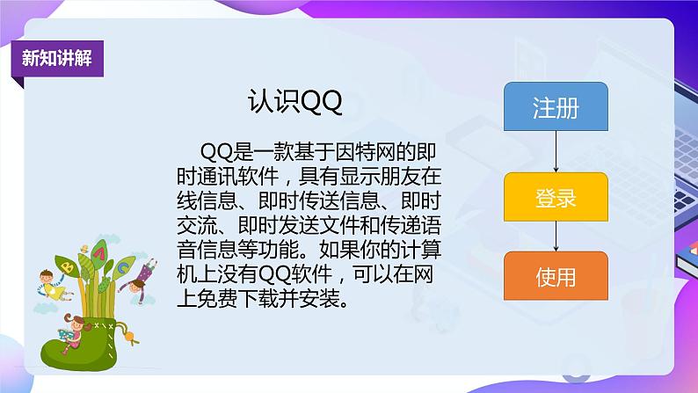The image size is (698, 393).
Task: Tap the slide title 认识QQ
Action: (294, 103)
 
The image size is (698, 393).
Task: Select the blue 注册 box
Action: (556, 108)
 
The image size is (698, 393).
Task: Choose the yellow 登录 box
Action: (556, 198)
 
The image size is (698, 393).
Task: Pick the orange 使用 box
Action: (556, 277)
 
